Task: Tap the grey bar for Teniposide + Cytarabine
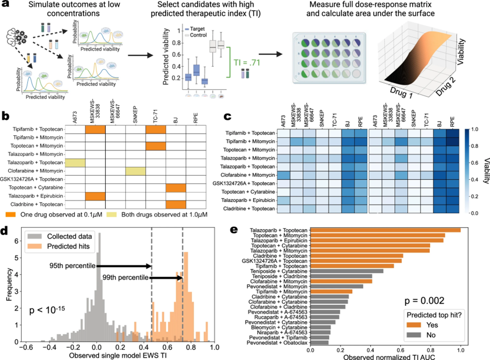[346, 271]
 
